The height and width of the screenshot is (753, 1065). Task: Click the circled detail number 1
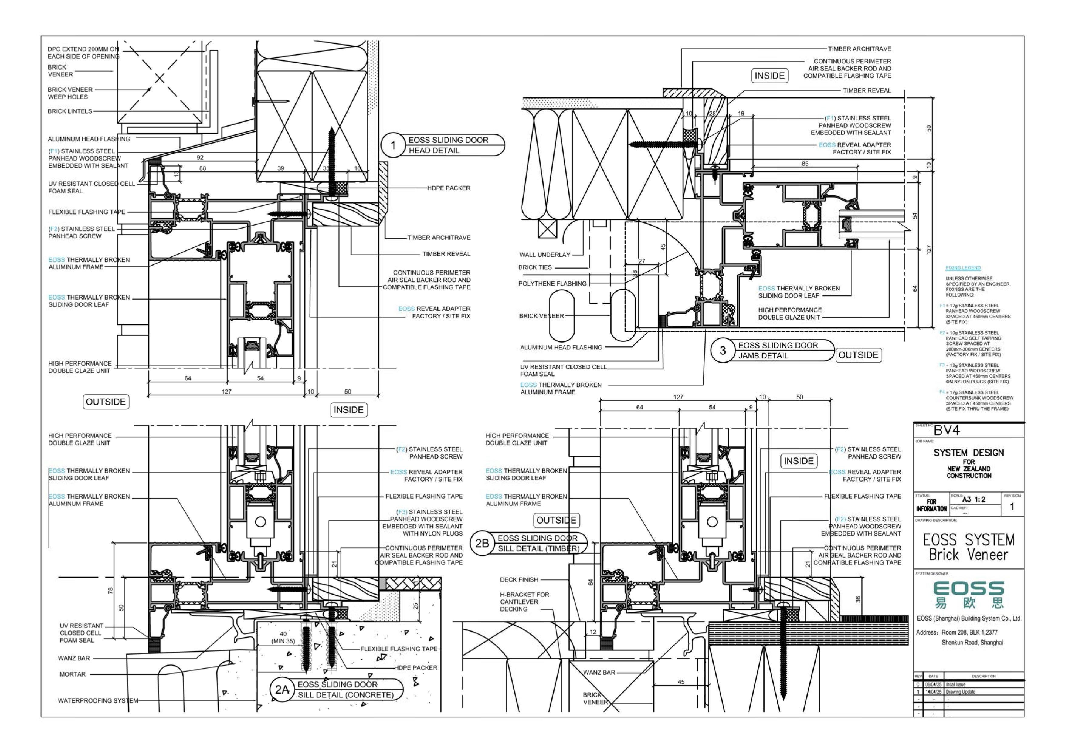pos(393,145)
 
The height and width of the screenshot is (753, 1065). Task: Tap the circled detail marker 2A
pos(282,690)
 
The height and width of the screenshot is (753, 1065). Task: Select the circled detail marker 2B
pos(482,543)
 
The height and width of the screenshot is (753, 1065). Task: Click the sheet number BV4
pos(946,431)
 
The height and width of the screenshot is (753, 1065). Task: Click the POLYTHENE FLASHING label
pos(552,283)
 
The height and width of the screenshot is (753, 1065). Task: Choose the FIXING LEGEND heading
pos(963,268)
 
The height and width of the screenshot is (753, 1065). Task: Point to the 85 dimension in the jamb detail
pos(805,164)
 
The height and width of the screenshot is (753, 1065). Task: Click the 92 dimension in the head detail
pos(200,158)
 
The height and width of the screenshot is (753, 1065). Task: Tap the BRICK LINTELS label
pos(70,111)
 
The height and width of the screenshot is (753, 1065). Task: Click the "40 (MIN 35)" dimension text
pos(283,637)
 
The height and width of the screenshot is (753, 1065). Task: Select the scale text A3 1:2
pos(974,499)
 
